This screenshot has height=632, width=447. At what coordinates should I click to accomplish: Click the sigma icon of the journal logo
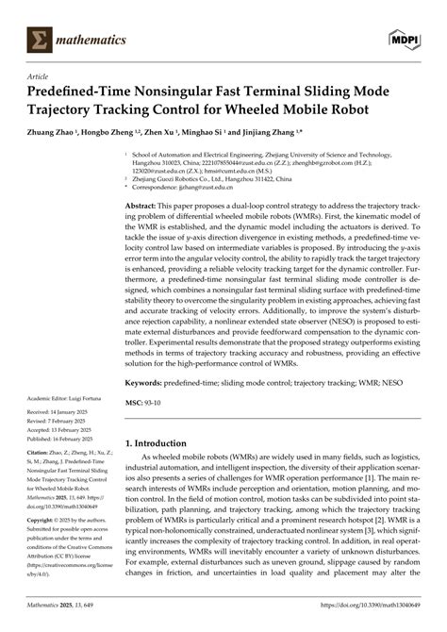[41, 40]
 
